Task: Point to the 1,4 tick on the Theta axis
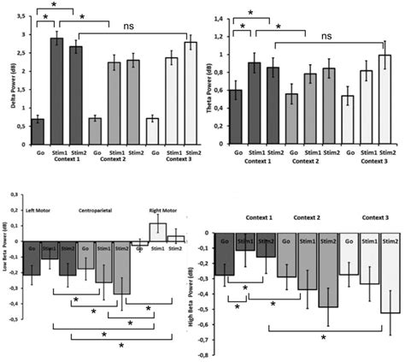pyautogui.click(x=219, y=18)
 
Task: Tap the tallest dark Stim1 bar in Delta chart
pyautogui.click(x=58, y=86)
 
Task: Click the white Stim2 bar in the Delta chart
pyautogui.click(x=190, y=88)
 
